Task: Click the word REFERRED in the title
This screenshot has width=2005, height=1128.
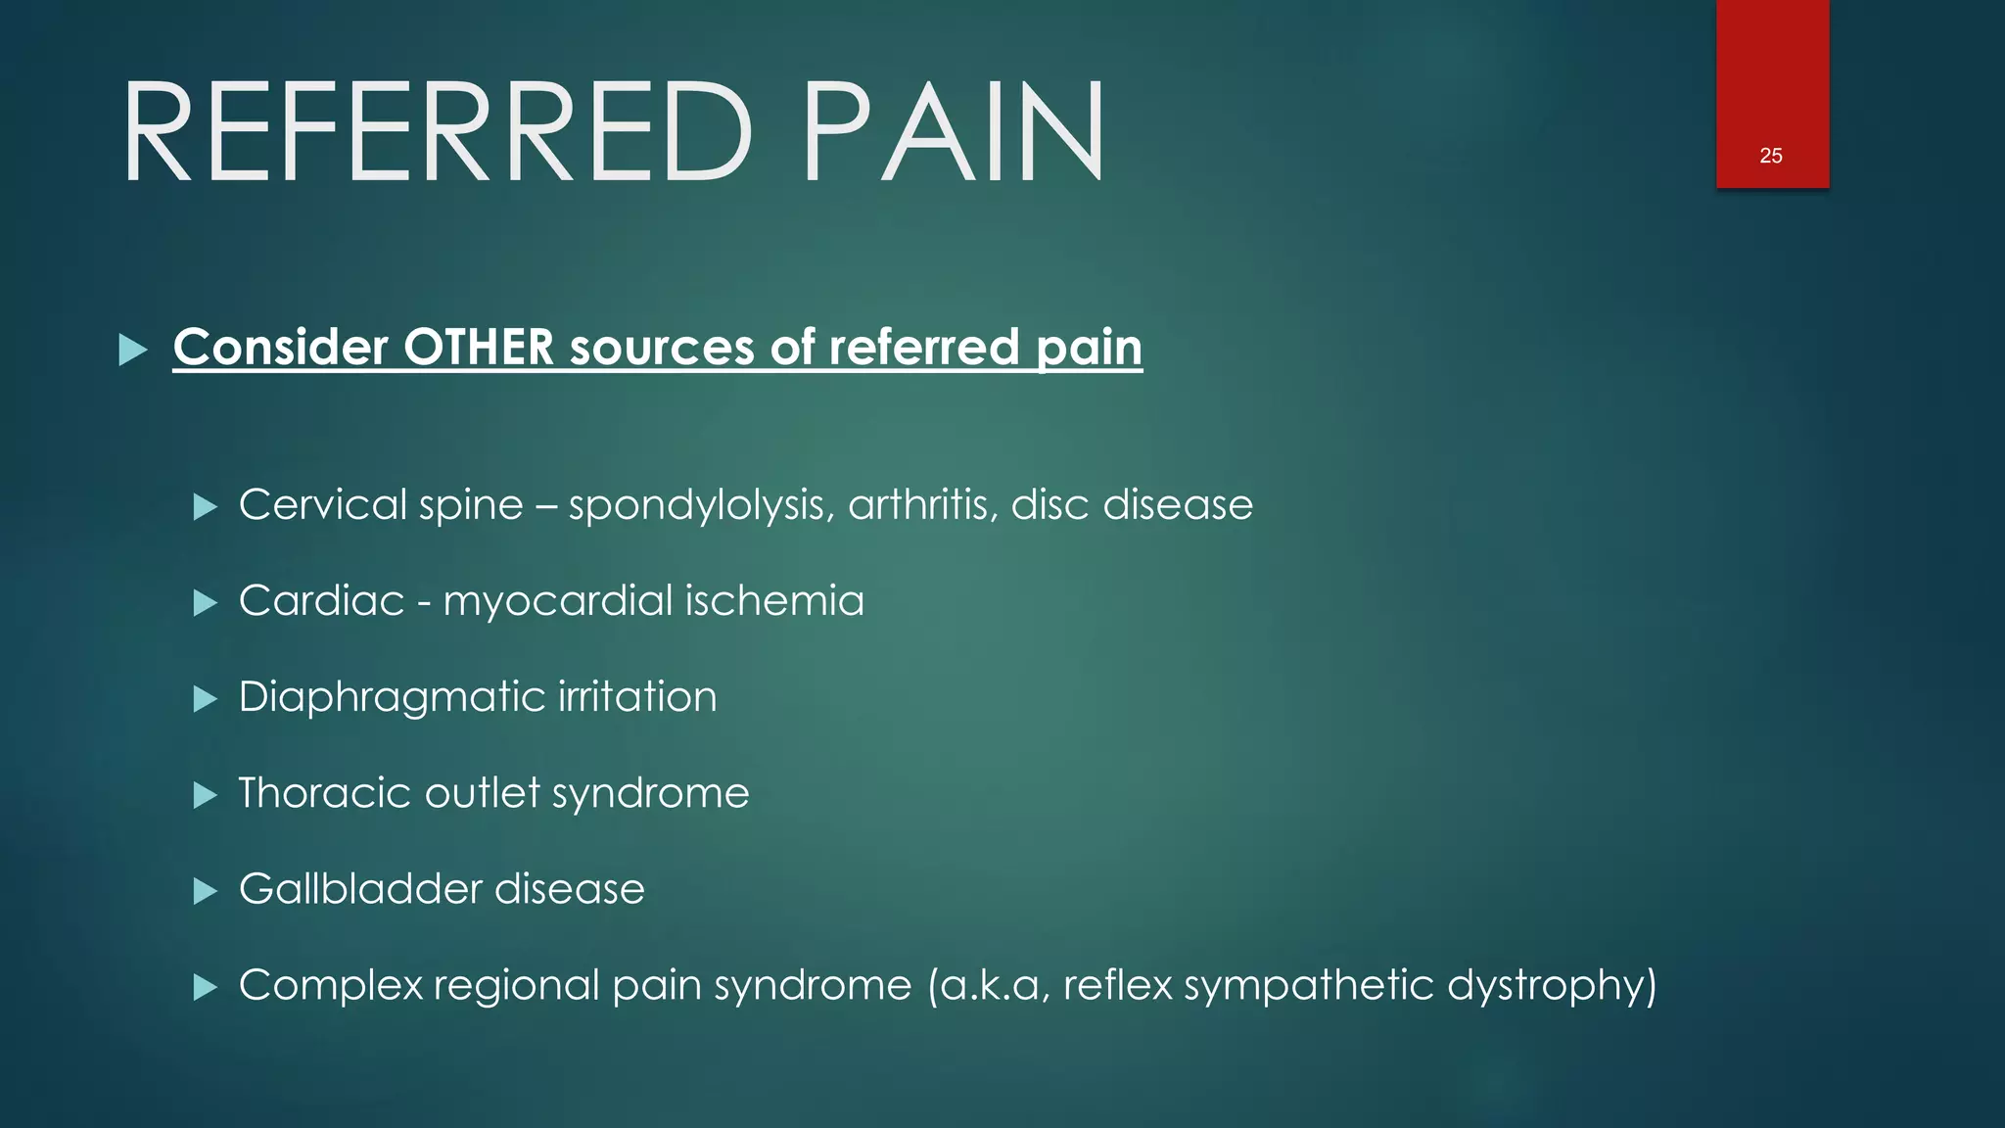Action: (437, 132)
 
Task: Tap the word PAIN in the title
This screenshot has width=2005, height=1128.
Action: (954, 132)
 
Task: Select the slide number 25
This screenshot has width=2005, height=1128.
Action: (1771, 156)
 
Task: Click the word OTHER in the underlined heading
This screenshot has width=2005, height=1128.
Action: (479, 348)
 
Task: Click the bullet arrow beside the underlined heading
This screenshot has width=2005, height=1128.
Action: (132, 350)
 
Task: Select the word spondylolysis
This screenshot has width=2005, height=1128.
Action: (701, 506)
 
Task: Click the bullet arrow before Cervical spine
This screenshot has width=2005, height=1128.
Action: (205, 506)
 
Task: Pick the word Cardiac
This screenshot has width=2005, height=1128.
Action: (321, 600)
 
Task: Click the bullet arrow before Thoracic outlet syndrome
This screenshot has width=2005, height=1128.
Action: (205, 794)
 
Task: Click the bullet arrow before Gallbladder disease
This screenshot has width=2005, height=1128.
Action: (205, 890)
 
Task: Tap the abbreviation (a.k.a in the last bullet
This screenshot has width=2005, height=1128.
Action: (988, 985)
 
